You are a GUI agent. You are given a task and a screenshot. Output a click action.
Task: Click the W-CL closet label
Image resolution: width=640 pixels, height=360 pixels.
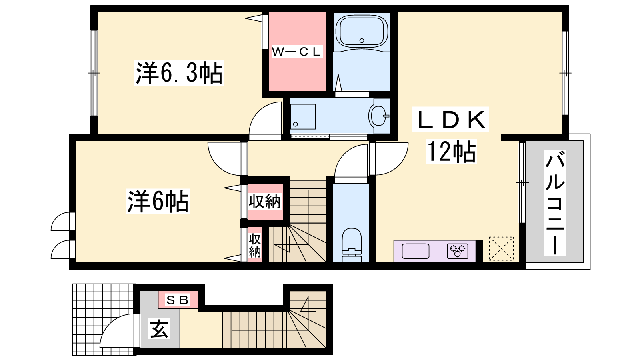click(297, 52)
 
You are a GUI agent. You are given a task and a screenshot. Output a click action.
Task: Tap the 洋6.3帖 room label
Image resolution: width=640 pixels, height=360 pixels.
click(179, 73)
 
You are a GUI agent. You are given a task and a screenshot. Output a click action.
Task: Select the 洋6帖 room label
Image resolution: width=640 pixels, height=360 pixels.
click(158, 201)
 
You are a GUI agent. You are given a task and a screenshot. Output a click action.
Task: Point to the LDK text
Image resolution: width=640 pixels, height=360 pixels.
click(450, 120)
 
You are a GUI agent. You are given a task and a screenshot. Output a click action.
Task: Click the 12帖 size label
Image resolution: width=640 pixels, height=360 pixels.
click(452, 152)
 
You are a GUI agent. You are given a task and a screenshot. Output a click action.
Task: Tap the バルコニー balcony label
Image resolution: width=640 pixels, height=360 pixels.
click(555, 202)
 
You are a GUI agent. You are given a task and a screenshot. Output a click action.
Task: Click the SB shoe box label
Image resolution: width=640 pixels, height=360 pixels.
click(178, 300)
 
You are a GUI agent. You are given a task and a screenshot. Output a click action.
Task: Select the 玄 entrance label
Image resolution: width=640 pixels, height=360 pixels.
click(159, 328)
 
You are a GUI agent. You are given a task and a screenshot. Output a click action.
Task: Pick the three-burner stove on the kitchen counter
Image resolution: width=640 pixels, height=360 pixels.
click(458, 251)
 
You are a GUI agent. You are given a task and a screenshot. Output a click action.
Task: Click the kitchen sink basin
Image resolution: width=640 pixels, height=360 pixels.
click(416, 251)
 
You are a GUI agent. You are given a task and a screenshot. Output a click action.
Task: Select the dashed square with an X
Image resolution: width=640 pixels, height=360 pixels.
click(501, 248)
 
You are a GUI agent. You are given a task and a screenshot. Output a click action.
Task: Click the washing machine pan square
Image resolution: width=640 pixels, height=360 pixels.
click(303, 116)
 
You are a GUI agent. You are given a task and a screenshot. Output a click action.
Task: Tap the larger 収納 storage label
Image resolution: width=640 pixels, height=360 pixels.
click(264, 202)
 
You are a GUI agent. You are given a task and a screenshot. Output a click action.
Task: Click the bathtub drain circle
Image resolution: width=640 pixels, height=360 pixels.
click(362, 40)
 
